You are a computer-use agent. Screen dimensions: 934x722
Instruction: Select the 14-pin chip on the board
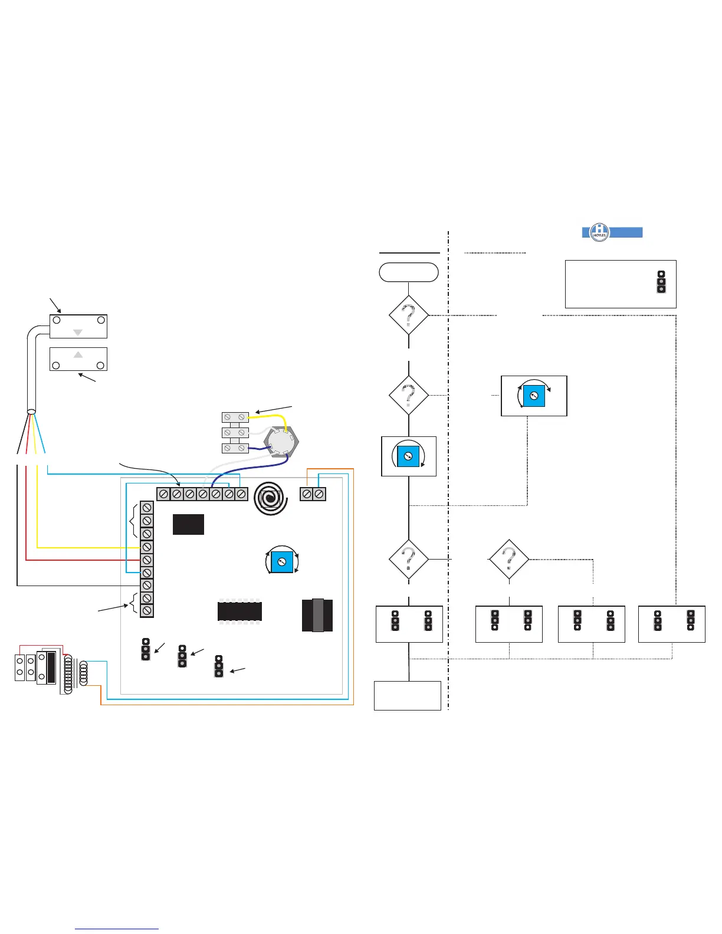(239, 611)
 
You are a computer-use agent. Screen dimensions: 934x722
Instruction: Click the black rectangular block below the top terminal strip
(188, 524)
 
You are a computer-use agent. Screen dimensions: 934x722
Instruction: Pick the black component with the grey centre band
(317, 615)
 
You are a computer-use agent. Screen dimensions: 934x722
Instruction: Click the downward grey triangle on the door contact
(78, 333)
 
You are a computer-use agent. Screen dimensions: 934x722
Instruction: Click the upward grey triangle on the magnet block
(78, 355)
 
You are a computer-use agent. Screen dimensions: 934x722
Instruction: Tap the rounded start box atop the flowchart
(408, 272)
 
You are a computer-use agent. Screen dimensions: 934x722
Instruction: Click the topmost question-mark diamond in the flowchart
(408, 315)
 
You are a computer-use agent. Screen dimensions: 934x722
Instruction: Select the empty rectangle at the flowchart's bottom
(407, 696)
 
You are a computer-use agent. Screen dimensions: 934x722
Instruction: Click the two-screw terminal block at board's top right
(313, 494)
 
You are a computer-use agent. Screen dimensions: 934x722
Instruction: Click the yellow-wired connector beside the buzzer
(235, 417)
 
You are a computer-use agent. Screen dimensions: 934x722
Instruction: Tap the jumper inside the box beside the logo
(661, 282)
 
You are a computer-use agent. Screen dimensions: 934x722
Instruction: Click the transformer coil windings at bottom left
(76, 672)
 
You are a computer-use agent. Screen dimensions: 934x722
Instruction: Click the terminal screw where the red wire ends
(147, 560)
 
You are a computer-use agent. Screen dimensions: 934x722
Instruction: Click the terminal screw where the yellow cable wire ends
(147, 547)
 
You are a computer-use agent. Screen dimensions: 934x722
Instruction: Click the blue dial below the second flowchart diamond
(408, 456)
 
